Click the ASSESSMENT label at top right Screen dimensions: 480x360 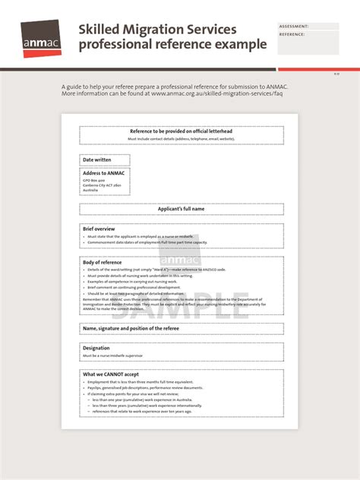294,26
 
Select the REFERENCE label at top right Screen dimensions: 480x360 292,34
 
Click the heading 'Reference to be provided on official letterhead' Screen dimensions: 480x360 181,131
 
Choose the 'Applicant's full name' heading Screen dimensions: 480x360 181,209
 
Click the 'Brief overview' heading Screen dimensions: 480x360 99,229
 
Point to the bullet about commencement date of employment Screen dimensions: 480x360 147,242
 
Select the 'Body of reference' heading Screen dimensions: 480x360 102,262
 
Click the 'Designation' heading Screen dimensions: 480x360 96,348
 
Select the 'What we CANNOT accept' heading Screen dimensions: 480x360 111,374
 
